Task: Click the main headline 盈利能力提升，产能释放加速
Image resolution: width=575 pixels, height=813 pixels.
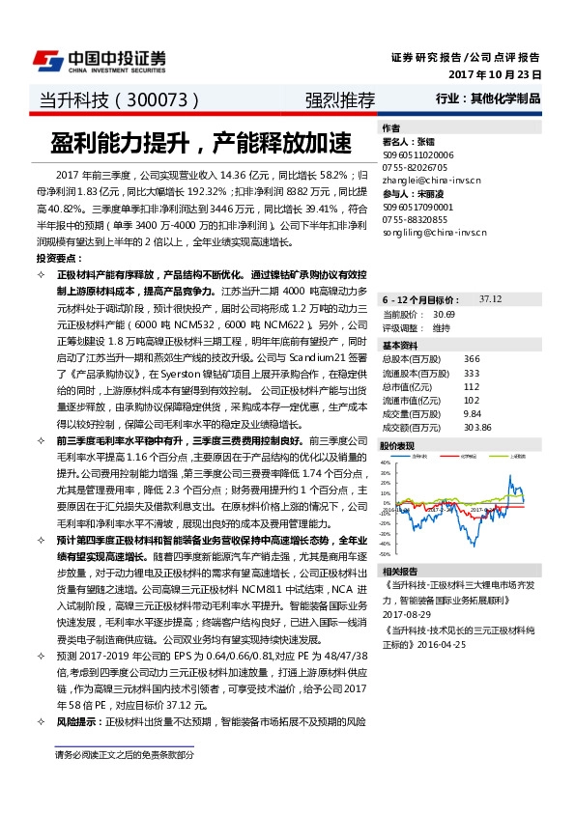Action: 201,144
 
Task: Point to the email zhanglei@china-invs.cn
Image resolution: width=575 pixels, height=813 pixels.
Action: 430,180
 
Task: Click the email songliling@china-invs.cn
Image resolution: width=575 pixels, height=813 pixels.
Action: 433,233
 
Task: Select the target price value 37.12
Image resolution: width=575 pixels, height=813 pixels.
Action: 491,299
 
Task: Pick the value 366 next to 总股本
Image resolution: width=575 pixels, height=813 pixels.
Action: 472,359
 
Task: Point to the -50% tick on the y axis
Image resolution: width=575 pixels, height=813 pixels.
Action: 385,555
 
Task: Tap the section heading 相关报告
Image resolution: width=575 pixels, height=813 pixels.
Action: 399,571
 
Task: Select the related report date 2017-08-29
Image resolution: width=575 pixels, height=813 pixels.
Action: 406,614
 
